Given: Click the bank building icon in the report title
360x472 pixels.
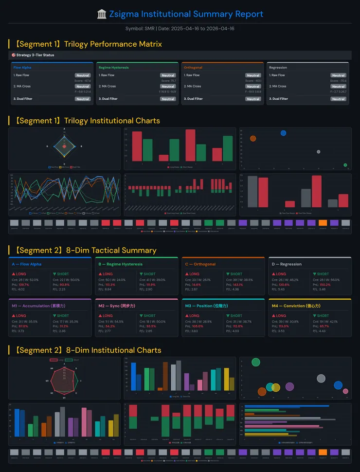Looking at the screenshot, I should click(x=102, y=14).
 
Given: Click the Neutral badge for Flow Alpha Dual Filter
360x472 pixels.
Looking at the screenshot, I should click(x=82, y=99).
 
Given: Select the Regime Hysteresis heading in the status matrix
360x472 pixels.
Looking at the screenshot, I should click(x=113, y=68).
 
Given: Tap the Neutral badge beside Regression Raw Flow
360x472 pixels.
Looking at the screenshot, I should click(x=338, y=75).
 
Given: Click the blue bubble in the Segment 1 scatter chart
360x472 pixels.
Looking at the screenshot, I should click(x=283, y=133).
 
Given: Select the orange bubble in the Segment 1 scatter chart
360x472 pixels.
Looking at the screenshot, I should click(x=252, y=139).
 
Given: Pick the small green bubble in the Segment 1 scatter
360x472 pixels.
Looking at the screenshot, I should click(x=345, y=165).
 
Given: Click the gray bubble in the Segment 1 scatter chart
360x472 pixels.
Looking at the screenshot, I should click(x=318, y=152).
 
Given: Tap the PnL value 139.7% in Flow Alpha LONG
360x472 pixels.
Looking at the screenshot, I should click(x=24, y=284).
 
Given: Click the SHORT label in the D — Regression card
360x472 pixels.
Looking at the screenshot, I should click(x=323, y=274).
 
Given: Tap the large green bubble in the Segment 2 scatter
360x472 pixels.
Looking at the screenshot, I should click(x=256, y=362).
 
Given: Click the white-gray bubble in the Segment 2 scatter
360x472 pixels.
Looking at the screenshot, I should click(x=321, y=378).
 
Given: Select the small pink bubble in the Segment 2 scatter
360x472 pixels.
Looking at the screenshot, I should click(x=345, y=391).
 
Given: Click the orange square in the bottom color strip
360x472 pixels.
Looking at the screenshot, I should click(x=323, y=452).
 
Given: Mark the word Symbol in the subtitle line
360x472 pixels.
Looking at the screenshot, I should click(x=133, y=29).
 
